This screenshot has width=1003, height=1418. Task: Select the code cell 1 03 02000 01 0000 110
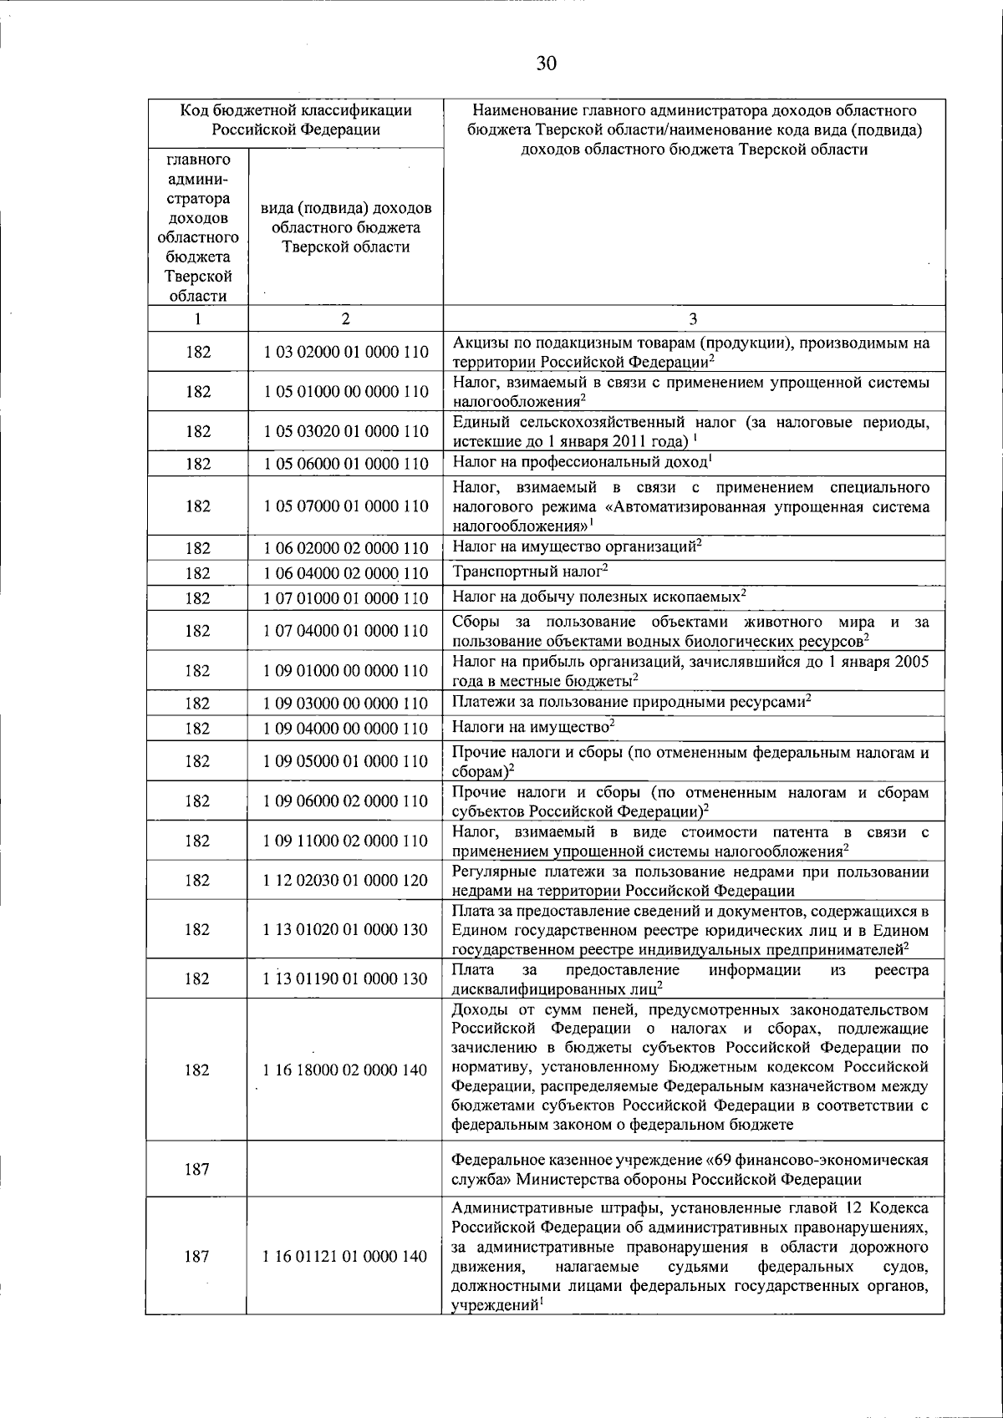[x=346, y=352]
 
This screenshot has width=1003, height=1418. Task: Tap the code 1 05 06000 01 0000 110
[x=346, y=464]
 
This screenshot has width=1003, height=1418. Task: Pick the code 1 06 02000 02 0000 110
[x=346, y=548]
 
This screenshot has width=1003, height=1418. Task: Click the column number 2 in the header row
[x=346, y=318]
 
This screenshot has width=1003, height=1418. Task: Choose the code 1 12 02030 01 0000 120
[x=346, y=880]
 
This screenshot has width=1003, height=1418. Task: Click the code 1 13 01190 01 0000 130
[x=346, y=978]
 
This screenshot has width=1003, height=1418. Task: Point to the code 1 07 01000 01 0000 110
[x=346, y=598]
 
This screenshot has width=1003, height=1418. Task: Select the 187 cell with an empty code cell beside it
[x=196, y=1170]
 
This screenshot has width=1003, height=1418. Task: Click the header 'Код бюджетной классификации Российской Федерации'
[x=296, y=119]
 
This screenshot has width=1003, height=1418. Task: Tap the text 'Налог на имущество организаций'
[x=573, y=547]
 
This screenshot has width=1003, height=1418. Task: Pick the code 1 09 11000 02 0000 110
[x=346, y=841]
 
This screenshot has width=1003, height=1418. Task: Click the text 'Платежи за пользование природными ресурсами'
[x=629, y=702]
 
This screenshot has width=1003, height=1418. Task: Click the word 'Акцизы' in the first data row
[x=478, y=343]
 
